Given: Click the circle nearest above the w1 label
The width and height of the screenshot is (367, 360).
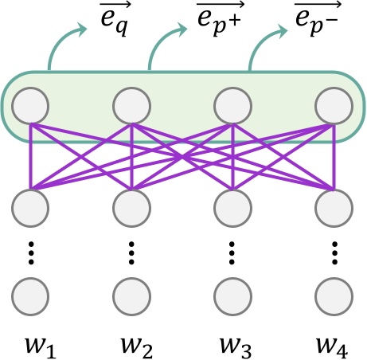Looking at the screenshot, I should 31,294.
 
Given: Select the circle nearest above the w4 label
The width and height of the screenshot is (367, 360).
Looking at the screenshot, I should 332,294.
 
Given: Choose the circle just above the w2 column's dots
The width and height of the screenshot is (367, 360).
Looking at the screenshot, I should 131,208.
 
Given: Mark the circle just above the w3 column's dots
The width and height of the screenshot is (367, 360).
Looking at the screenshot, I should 232,208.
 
